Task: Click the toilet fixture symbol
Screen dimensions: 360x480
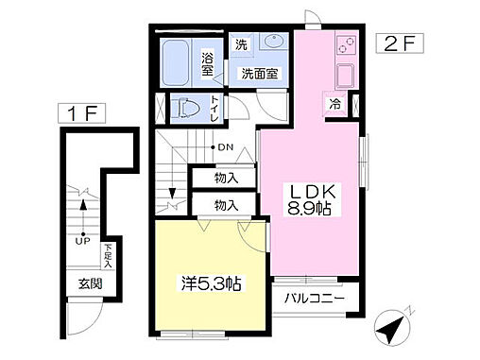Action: pyautogui.click(x=187, y=107)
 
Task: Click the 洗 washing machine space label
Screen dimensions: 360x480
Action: pyautogui.click(x=241, y=44)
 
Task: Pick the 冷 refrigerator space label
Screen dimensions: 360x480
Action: pyautogui.click(x=334, y=103)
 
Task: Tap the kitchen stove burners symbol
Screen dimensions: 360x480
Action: pyautogui.click(x=343, y=45)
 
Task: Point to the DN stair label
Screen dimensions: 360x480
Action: pyautogui.click(x=225, y=146)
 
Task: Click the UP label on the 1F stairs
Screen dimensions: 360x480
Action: pyautogui.click(x=82, y=240)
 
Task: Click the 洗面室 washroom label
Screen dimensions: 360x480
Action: pyautogui.click(x=258, y=74)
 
